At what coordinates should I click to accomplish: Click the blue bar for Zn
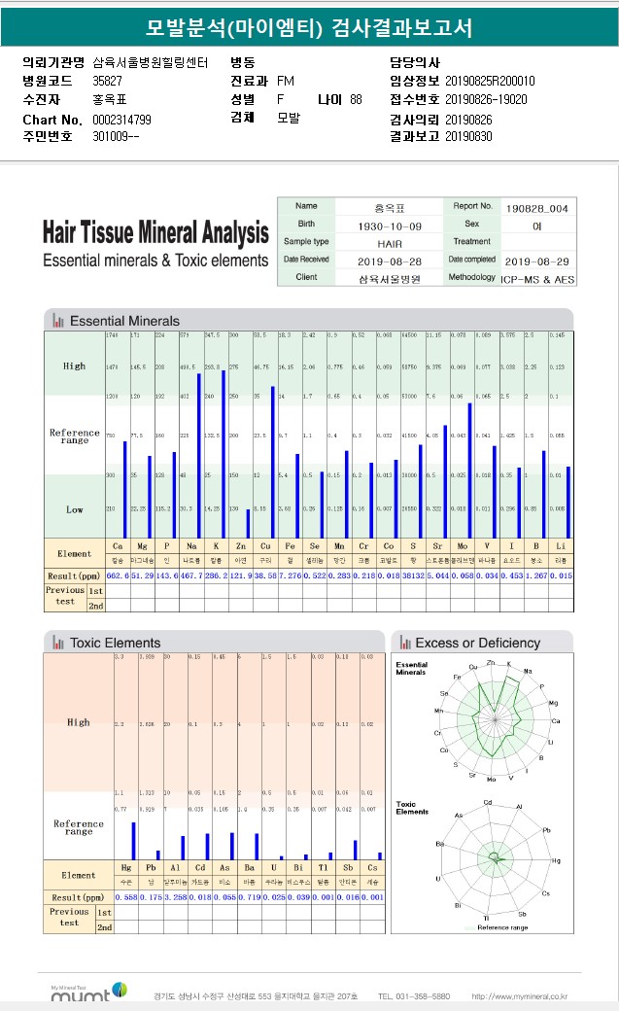click(248, 523)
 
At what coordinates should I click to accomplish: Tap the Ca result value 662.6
click(118, 576)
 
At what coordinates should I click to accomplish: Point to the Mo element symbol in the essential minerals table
click(462, 547)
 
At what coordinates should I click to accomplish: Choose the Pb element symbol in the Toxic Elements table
click(151, 867)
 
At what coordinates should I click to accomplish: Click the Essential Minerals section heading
click(124, 321)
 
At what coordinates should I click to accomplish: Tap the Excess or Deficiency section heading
click(477, 643)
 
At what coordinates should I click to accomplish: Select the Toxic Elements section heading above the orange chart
click(115, 643)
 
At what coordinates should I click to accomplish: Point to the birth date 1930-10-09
click(391, 225)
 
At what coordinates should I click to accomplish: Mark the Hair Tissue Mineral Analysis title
click(155, 233)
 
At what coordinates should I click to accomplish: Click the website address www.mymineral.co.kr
click(519, 996)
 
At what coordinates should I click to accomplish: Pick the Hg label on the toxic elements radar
click(557, 860)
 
